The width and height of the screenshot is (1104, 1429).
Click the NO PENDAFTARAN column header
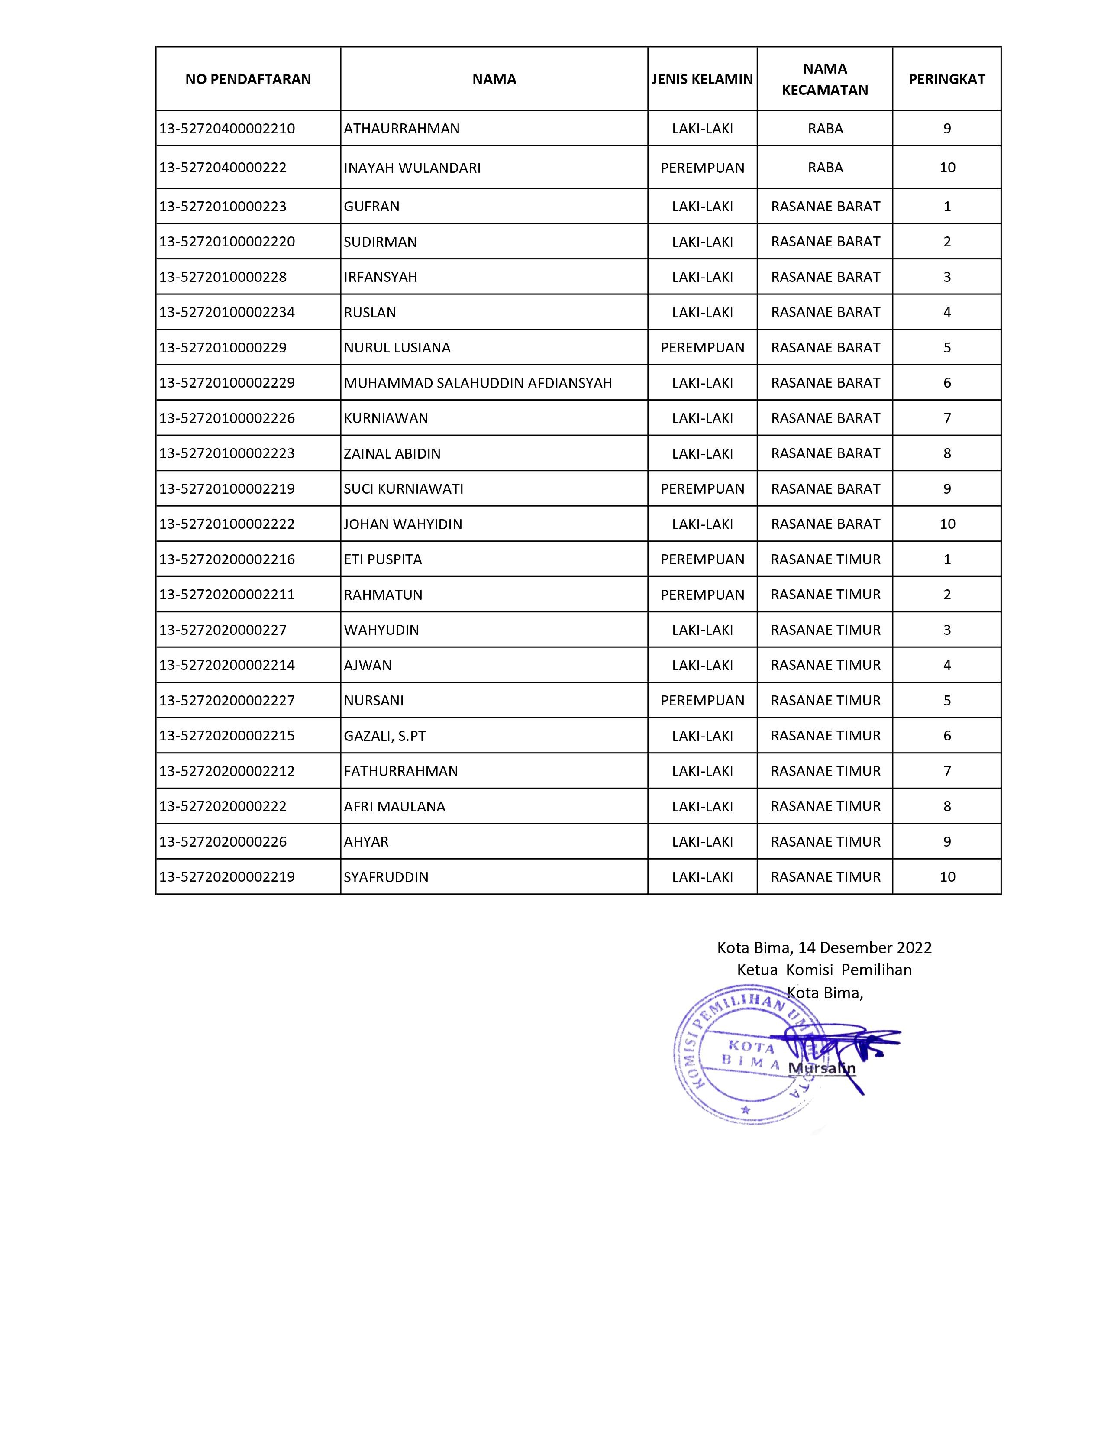point(248,79)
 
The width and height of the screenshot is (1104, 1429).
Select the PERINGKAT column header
point(946,79)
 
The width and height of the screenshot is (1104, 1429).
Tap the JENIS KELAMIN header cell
point(702,79)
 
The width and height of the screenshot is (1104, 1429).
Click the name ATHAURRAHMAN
point(402,128)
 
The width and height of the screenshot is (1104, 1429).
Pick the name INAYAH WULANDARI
point(412,168)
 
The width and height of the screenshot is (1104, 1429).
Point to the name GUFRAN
point(371,207)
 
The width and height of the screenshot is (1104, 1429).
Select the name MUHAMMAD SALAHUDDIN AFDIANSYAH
point(478,383)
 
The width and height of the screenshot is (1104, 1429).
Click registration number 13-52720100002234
point(227,312)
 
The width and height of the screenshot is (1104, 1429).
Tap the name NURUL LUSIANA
point(397,347)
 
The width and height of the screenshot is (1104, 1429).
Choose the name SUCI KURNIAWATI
point(404,489)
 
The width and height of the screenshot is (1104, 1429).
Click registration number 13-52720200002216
point(227,559)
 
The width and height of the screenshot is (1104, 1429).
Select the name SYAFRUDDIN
point(386,877)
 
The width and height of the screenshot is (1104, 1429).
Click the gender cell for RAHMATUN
point(702,595)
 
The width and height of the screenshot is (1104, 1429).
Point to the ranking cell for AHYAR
point(946,841)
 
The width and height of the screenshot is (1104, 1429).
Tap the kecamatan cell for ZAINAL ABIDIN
point(825,453)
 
